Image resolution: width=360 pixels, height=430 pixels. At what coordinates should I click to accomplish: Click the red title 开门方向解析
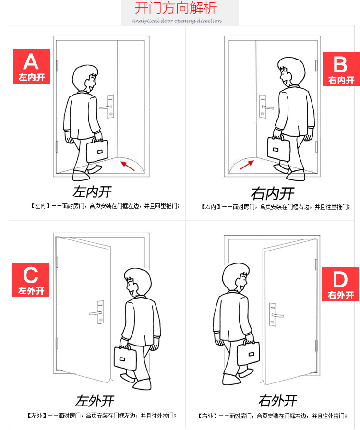point(176,8)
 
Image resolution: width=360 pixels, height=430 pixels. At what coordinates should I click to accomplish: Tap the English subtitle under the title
point(177,21)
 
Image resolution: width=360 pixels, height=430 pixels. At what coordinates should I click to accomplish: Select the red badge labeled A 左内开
point(32,66)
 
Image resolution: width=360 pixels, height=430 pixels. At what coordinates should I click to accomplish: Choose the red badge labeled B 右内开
point(341,70)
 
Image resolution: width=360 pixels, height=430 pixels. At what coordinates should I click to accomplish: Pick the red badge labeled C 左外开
point(31,280)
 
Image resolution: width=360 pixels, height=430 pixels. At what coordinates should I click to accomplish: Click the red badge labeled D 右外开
point(340,285)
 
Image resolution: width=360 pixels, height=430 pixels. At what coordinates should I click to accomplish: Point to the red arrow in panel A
point(128,166)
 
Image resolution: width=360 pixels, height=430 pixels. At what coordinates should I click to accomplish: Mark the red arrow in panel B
point(247,165)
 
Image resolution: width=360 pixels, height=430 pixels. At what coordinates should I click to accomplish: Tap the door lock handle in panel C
point(97,312)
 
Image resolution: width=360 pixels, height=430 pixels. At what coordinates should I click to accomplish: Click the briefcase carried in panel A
point(97,150)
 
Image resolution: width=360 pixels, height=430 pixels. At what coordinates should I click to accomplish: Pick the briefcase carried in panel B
point(278,148)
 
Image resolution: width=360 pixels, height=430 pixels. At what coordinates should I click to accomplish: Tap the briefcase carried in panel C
point(125,358)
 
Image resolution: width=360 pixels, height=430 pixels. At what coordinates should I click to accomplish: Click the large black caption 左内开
point(93,191)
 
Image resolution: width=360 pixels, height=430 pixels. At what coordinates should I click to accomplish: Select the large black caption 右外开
point(277,401)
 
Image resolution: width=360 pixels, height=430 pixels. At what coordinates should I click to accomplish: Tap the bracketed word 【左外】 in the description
point(37,416)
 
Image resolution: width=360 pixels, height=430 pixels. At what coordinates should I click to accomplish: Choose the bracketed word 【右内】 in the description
point(211,206)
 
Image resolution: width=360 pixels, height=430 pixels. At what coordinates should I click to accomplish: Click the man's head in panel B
point(291,72)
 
